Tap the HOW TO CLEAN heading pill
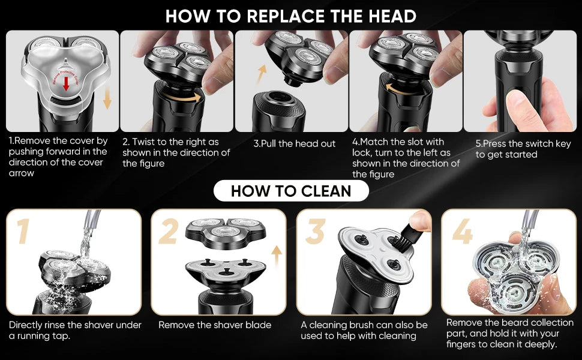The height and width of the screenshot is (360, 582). pos(291,191)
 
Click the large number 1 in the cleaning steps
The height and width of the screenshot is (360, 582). pos(23,231)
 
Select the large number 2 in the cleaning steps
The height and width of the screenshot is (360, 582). pos(169,231)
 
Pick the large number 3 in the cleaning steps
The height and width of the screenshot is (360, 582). pos(315,231)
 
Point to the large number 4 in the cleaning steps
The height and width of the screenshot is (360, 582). pos(463,231)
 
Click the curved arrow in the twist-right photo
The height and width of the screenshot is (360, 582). pos(184,98)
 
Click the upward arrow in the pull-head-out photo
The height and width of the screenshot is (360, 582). pos(262,73)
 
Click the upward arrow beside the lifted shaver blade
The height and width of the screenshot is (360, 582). pos(277,256)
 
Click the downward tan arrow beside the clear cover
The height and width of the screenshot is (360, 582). pos(107,97)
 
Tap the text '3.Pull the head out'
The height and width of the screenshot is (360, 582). pos(295,143)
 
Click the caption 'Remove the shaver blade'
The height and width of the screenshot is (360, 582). pos(215,325)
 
